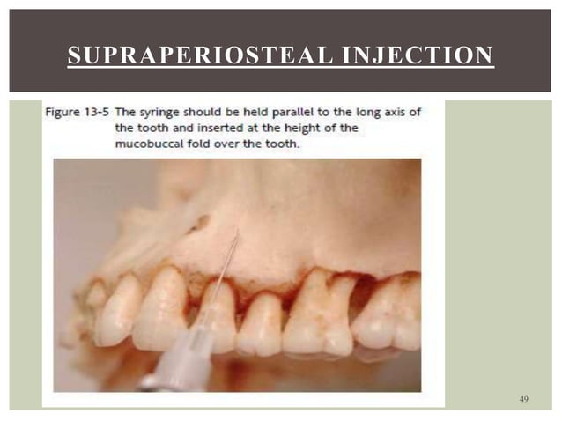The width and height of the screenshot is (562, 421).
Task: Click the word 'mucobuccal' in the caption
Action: click(x=152, y=144)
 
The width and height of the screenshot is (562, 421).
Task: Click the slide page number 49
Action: click(x=524, y=401)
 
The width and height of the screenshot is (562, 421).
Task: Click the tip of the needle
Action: click(x=237, y=232)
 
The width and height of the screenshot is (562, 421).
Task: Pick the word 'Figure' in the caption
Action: click(x=63, y=113)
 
